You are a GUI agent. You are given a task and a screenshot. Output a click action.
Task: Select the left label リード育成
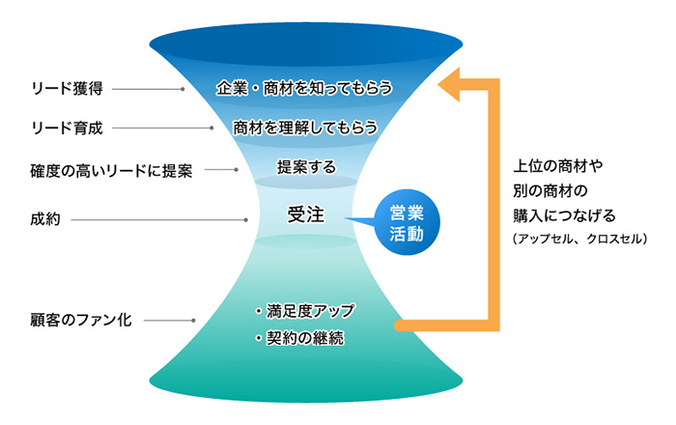pyautogui.click(x=65, y=127)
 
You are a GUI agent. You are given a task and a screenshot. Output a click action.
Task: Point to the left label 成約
pyautogui.click(x=45, y=219)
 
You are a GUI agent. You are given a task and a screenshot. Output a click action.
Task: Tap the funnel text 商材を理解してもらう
pyautogui.click(x=304, y=127)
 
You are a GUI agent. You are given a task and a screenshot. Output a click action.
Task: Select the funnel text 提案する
pyautogui.click(x=306, y=167)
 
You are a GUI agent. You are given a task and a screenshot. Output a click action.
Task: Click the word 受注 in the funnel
pyautogui.click(x=304, y=213)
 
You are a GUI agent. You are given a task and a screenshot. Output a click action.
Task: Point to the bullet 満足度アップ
pyautogui.click(x=305, y=311)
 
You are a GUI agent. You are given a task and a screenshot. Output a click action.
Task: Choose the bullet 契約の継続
pyautogui.click(x=299, y=339)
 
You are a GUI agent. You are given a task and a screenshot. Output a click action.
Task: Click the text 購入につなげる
pyautogui.click(x=565, y=213)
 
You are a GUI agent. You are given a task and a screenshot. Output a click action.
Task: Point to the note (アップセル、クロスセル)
pyautogui.click(x=580, y=238)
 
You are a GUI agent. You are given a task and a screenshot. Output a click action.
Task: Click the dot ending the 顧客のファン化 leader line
pyautogui.click(x=196, y=319)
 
